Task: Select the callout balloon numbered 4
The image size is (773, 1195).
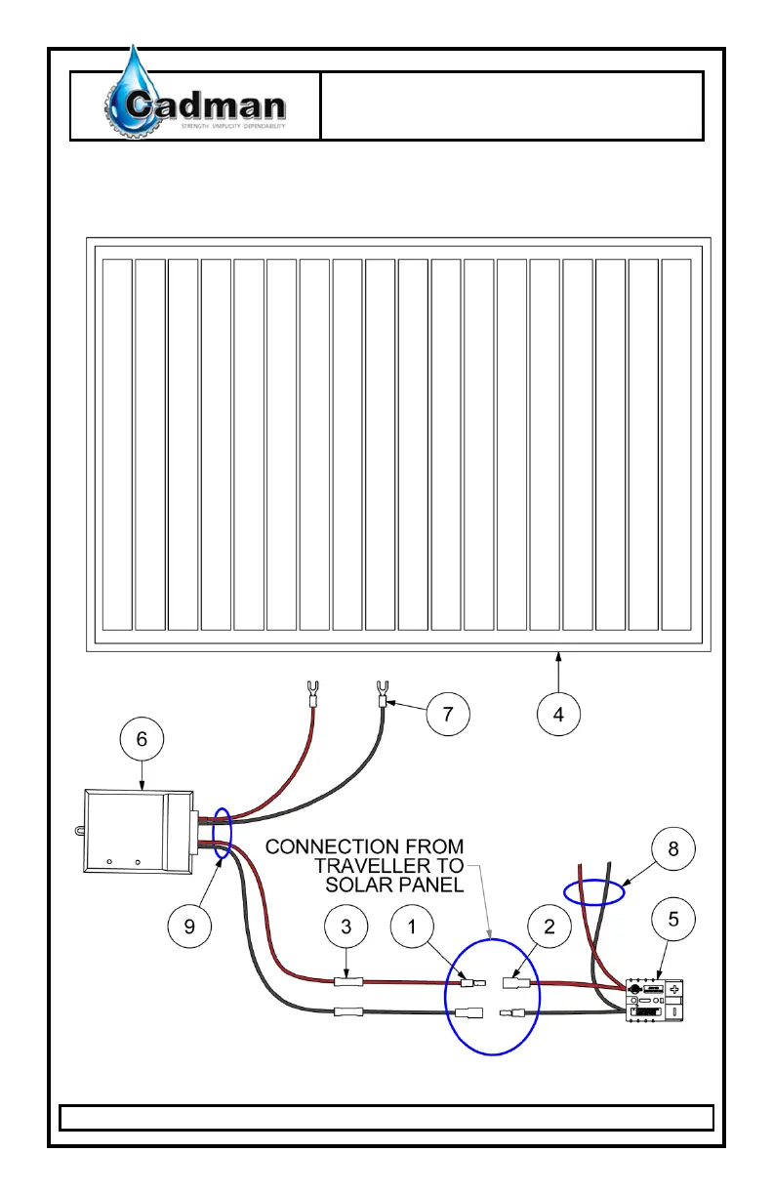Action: click(x=558, y=714)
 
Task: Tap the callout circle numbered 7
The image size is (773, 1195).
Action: click(x=447, y=714)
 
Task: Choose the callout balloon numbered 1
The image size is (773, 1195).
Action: click(x=413, y=928)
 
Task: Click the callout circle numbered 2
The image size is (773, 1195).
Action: click(x=549, y=928)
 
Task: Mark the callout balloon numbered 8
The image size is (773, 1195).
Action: click(x=672, y=850)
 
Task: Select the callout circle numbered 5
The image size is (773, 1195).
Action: click(x=674, y=919)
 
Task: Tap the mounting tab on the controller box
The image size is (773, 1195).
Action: click(x=76, y=831)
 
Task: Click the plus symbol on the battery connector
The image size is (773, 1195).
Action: click(x=672, y=989)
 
